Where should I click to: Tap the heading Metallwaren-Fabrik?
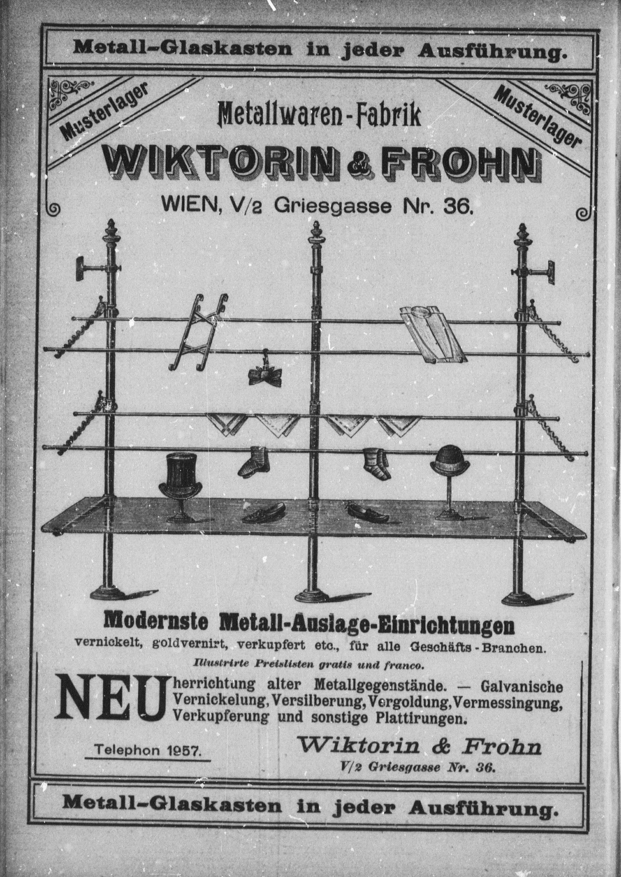(319, 115)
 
